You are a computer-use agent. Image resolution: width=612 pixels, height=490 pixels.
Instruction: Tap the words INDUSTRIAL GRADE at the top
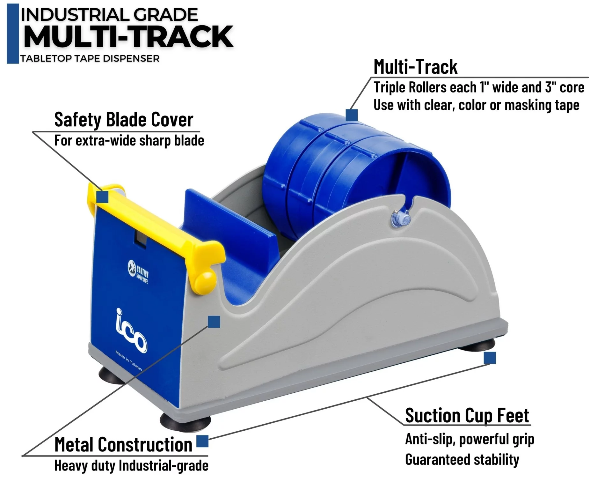tap(109, 15)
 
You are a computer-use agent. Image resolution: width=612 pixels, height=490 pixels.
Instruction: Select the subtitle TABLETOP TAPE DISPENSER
tap(90, 59)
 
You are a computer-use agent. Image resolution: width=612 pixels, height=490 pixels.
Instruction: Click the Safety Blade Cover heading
tap(124, 120)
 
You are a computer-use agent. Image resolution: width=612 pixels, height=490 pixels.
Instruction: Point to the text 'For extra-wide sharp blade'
tap(129, 141)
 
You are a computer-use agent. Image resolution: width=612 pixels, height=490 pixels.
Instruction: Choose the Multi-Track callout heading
tap(415, 67)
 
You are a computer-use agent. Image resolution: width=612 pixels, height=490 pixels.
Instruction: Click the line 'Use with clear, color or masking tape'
tap(476, 105)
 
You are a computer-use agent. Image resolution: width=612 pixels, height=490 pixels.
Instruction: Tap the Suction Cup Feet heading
tap(467, 415)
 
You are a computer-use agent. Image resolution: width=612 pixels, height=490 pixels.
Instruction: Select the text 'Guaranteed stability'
tap(462, 460)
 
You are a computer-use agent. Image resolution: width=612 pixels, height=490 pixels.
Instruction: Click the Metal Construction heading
tap(123, 444)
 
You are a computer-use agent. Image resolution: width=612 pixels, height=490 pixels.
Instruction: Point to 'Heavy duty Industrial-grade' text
tap(131, 466)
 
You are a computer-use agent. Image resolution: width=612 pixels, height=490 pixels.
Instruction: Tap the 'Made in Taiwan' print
tap(128, 360)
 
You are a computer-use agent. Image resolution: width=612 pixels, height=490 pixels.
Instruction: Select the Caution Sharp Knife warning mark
tap(138, 271)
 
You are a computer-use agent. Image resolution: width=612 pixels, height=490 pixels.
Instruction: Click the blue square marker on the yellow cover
tap(102, 197)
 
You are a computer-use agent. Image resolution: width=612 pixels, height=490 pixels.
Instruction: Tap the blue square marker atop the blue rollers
tap(352, 115)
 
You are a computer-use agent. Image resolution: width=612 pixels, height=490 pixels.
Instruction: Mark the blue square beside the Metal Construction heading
tap(202, 442)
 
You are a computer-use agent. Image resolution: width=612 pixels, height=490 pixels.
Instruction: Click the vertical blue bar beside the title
tap(13, 33)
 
